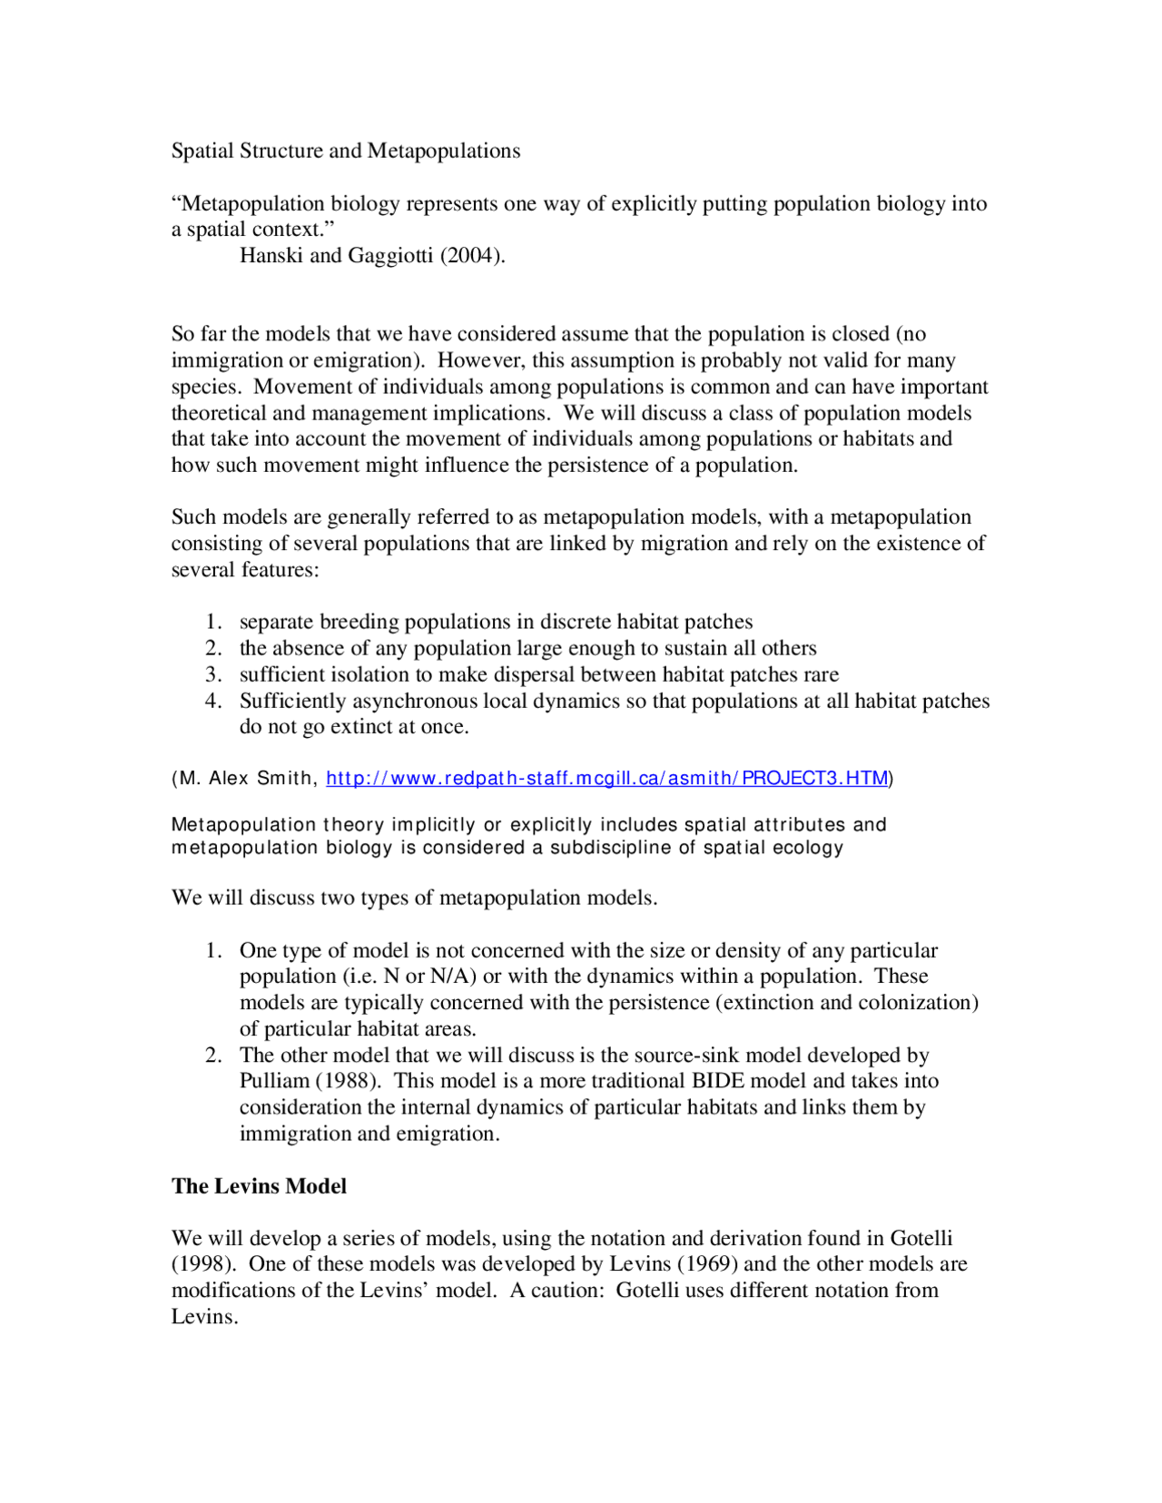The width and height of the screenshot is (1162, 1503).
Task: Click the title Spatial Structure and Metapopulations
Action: [x=346, y=151]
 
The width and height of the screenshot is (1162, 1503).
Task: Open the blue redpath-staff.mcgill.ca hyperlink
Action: [x=606, y=778]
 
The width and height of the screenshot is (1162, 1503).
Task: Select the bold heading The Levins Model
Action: [x=259, y=1186]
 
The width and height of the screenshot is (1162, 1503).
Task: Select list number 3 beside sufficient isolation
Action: [x=213, y=674]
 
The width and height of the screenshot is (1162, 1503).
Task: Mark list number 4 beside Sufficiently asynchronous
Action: [x=213, y=701]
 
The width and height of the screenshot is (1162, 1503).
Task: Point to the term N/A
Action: [x=453, y=977]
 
